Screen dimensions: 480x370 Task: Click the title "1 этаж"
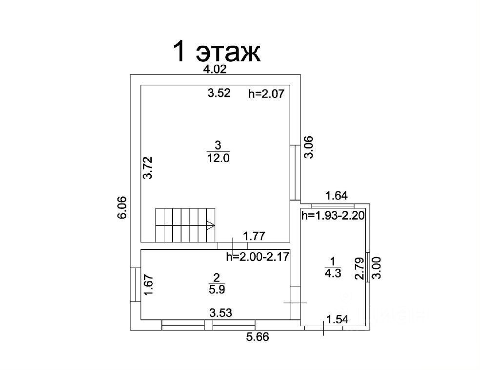click(217, 52)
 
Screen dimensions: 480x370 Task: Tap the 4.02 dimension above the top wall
click(215, 69)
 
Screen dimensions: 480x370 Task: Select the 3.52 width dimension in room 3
click(219, 93)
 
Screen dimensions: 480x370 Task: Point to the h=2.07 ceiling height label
click(266, 93)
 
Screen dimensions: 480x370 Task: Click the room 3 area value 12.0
click(218, 158)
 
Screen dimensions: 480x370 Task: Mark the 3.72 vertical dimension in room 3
click(148, 168)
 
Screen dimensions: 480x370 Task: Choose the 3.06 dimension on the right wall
click(309, 147)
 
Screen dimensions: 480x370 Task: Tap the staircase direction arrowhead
click(211, 225)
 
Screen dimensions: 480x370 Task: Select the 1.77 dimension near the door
click(254, 236)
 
